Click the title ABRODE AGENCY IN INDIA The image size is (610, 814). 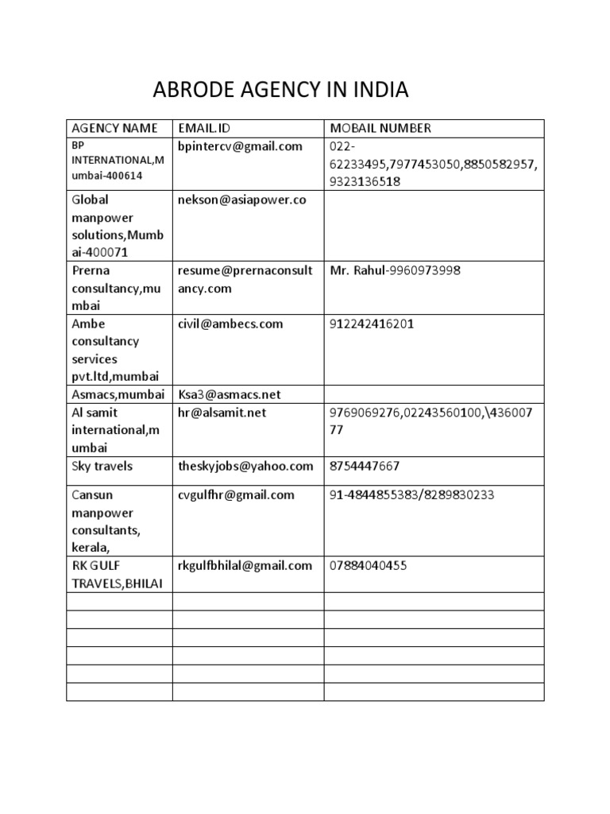pyautogui.click(x=280, y=91)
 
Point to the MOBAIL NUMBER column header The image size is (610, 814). pyautogui.click(x=380, y=128)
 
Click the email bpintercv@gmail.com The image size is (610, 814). pyautogui.click(x=241, y=146)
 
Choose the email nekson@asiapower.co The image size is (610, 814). pyautogui.click(x=242, y=200)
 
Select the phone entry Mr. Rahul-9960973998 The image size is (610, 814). pyautogui.click(x=395, y=271)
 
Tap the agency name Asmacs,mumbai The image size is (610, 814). pyautogui.click(x=119, y=394)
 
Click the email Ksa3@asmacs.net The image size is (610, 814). pyautogui.click(x=230, y=394)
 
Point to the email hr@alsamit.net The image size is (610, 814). pyautogui.click(x=222, y=413)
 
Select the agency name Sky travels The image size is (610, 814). pyautogui.click(x=102, y=466)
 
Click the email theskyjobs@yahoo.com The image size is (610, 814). pyautogui.click(x=246, y=466)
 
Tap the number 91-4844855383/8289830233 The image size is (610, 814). pyautogui.click(x=411, y=494)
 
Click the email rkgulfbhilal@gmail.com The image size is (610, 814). pyautogui.click(x=245, y=565)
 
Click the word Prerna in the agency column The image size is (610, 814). pyautogui.click(x=90, y=271)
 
